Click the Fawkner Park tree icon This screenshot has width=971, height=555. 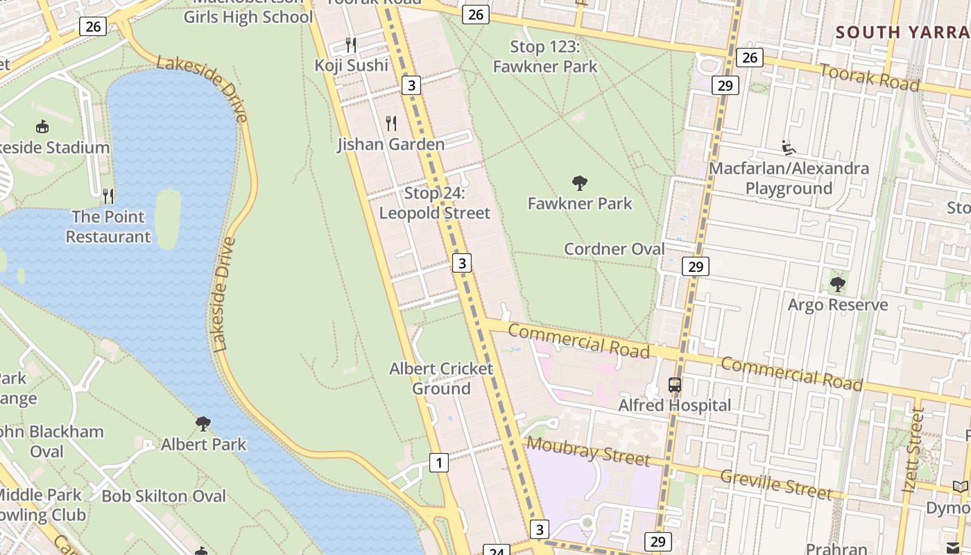coord(580,184)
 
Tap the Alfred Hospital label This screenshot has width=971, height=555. coord(674,405)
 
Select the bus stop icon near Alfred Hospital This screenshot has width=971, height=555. coord(674,384)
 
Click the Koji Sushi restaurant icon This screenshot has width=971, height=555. coord(351,45)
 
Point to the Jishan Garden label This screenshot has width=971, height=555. coord(390,144)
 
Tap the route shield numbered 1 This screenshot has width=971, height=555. coord(438,462)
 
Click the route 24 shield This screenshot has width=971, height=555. coord(496,550)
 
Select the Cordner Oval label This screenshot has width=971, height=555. coord(614,249)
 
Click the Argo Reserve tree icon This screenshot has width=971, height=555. coord(837,284)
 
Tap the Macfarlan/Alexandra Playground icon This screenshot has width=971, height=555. coord(789,148)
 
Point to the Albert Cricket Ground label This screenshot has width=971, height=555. coord(441,378)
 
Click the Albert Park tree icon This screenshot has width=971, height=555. coord(203,424)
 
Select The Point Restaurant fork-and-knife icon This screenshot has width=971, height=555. coord(108,196)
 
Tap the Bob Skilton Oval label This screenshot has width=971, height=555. coord(164,496)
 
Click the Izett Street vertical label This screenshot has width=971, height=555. coord(913,451)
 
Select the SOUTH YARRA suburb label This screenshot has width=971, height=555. coord(902,32)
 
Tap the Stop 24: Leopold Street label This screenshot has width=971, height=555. coord(434,203)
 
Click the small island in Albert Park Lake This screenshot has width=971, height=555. coord(168,219)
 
